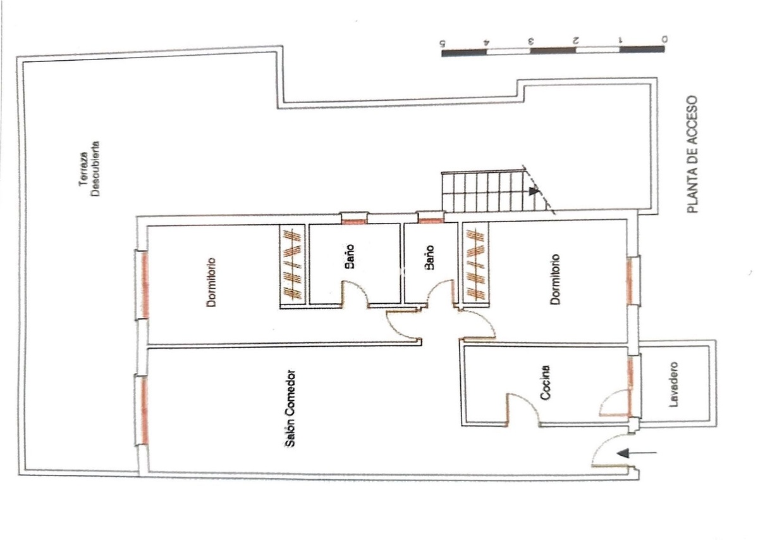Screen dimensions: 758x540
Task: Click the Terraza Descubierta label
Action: [x=89, y=169]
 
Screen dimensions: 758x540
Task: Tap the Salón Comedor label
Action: [x=290, y=409]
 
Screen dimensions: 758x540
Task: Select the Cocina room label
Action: [x=546, y=382]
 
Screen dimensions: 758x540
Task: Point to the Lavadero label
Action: [x=675, y=385]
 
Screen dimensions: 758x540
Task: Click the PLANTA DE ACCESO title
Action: [x=692, y=154]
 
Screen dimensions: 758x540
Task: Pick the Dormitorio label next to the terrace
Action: [x=211, y=282]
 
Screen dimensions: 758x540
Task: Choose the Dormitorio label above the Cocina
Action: [x=556, y=279]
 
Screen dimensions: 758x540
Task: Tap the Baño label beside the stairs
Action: [x=429, y=258]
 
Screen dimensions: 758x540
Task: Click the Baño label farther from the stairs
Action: [x=350, y=256]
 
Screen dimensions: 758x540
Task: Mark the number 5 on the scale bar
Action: [x=441, y=42]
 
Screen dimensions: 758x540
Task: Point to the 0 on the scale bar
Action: [x=664, y=38]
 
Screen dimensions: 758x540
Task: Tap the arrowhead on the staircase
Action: [x=534, y=191]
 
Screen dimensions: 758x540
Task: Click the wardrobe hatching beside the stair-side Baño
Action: [x=475, y=264]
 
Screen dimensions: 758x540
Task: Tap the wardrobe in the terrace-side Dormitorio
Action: [x=293, y=265]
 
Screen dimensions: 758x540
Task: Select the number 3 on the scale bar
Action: [x=530, y=41]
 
